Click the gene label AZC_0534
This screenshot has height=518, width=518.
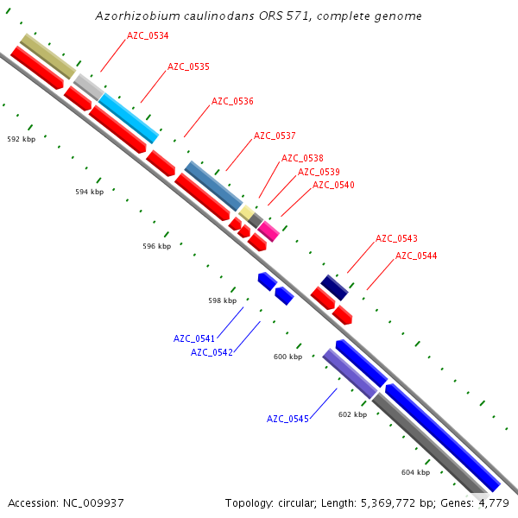[x=148, y=35]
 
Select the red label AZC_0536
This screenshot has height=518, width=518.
[x=232, y=101]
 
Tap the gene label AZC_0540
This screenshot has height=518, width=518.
[x=333, y=185]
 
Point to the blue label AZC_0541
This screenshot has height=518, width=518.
[x=194, y=338]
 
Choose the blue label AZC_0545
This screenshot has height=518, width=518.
[x=287, y=419]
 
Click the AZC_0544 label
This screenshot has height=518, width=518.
[x=416, y=256]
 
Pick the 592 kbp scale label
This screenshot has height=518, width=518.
[x=22, y=139]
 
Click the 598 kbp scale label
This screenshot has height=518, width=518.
[x=222, y=301]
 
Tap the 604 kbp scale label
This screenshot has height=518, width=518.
[x=415, y=472]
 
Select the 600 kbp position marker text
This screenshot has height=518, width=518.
[x=287, y=357]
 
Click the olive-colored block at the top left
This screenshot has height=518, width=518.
[x=47, y=56]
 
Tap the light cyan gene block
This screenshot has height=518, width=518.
[x=129, y=118]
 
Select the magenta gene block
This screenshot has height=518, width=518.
[x=269, y=231]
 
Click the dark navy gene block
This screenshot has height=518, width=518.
[x=334, y=287]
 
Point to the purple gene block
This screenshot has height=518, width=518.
[x=350, y=374]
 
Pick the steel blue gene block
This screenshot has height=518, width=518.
[x=214, y=186]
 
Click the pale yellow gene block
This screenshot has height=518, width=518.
[x=246, y=212]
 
